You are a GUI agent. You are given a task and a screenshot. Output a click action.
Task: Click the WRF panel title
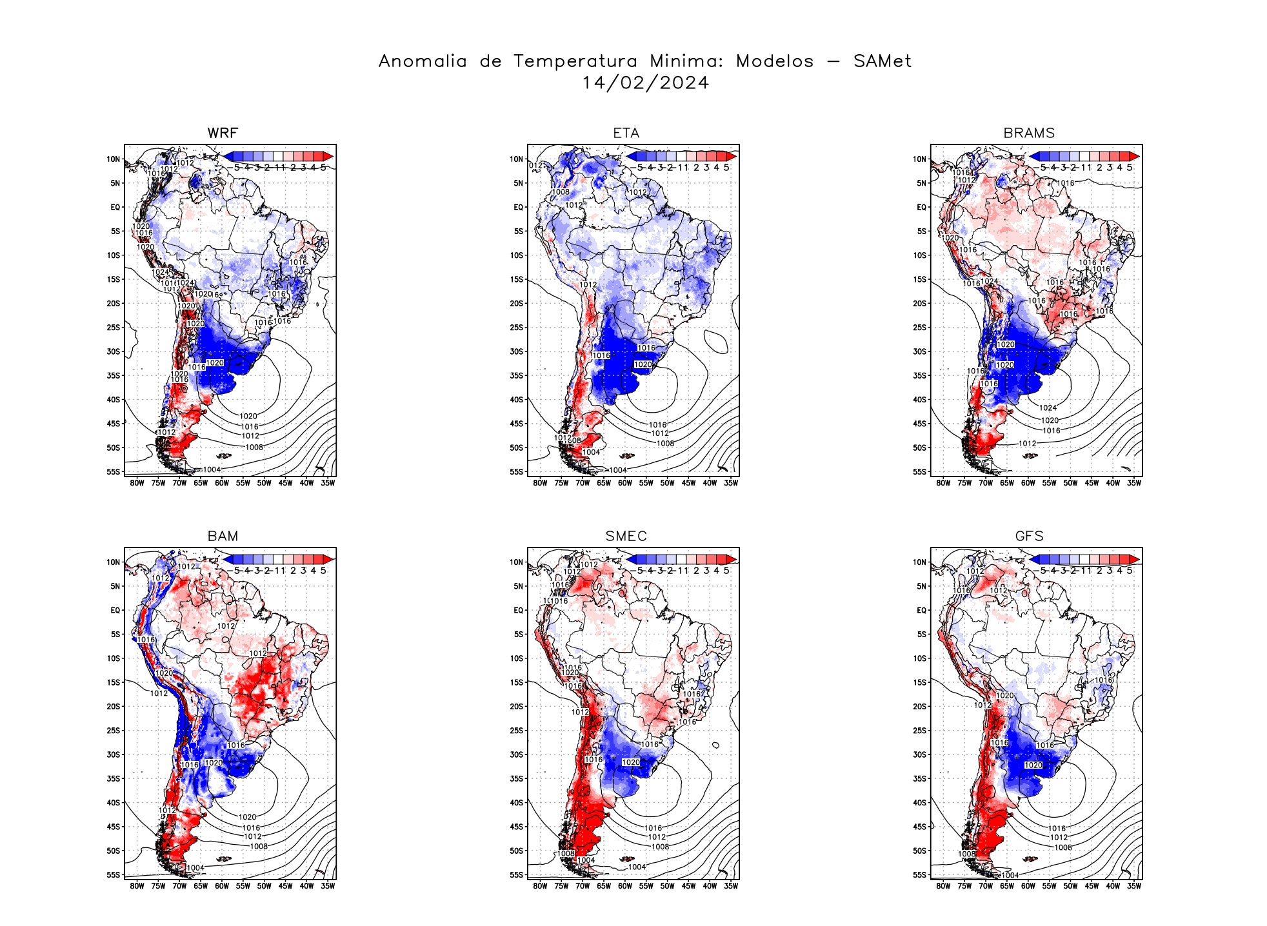point(223,133)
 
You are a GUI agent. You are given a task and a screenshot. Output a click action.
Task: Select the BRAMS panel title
point(1029,133)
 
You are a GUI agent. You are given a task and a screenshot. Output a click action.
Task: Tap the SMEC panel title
point(626,536)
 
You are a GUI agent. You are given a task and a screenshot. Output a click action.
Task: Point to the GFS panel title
point(1029,536)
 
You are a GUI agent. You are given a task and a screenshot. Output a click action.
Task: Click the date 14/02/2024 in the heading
point(645,83)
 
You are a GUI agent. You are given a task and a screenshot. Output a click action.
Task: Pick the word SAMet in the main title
point(882,61)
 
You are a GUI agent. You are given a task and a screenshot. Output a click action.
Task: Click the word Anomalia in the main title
point(423,61)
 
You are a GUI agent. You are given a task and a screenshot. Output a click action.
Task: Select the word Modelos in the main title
point(775,61)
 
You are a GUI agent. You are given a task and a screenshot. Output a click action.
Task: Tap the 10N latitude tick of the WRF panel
point(114,159)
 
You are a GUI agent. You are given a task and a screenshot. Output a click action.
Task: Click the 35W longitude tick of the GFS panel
point(1133,886)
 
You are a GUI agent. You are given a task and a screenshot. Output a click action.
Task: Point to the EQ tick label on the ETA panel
point(518,208)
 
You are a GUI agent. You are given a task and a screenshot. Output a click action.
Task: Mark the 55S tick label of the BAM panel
point(114,875)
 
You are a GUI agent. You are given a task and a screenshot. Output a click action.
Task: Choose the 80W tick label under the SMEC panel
point(540,886)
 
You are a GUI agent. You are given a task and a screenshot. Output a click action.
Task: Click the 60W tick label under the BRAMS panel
point(1028,483)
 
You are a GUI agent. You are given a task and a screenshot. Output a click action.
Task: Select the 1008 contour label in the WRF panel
point(254,448)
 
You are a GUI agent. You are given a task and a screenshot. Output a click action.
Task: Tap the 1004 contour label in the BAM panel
point(195,868)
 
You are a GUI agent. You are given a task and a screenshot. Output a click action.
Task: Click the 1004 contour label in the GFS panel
point(1010,875)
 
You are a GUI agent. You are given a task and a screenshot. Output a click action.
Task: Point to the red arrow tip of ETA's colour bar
point(732,156)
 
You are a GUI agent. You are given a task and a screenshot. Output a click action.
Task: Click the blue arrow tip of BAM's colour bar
point(228,559)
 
